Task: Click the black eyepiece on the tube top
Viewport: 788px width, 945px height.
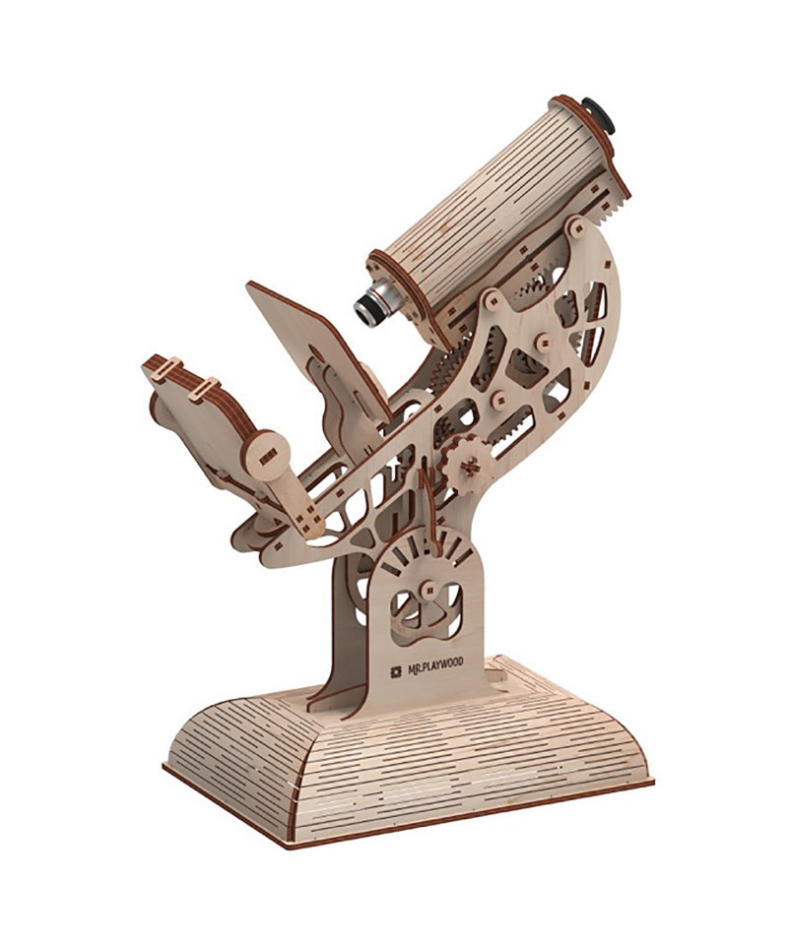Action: coord(599,114)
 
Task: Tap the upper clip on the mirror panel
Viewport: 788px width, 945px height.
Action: coord(165,369)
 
